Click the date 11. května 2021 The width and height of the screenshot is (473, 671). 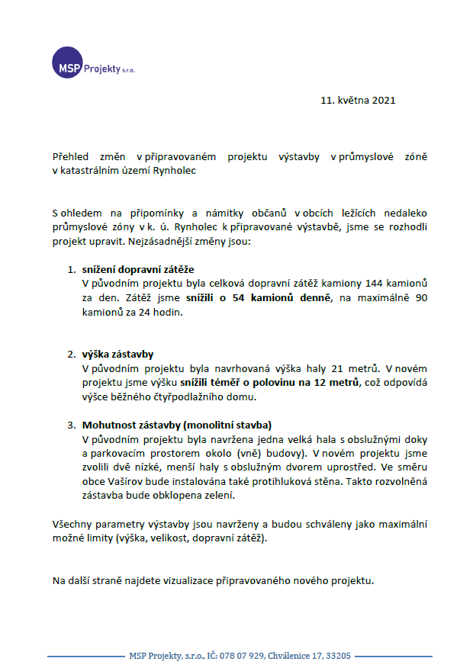358,100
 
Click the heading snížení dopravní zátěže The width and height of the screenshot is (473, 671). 138,269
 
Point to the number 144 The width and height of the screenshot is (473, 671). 376,284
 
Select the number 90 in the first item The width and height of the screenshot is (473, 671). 420,298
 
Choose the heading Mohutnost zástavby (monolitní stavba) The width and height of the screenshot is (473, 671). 177,425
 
